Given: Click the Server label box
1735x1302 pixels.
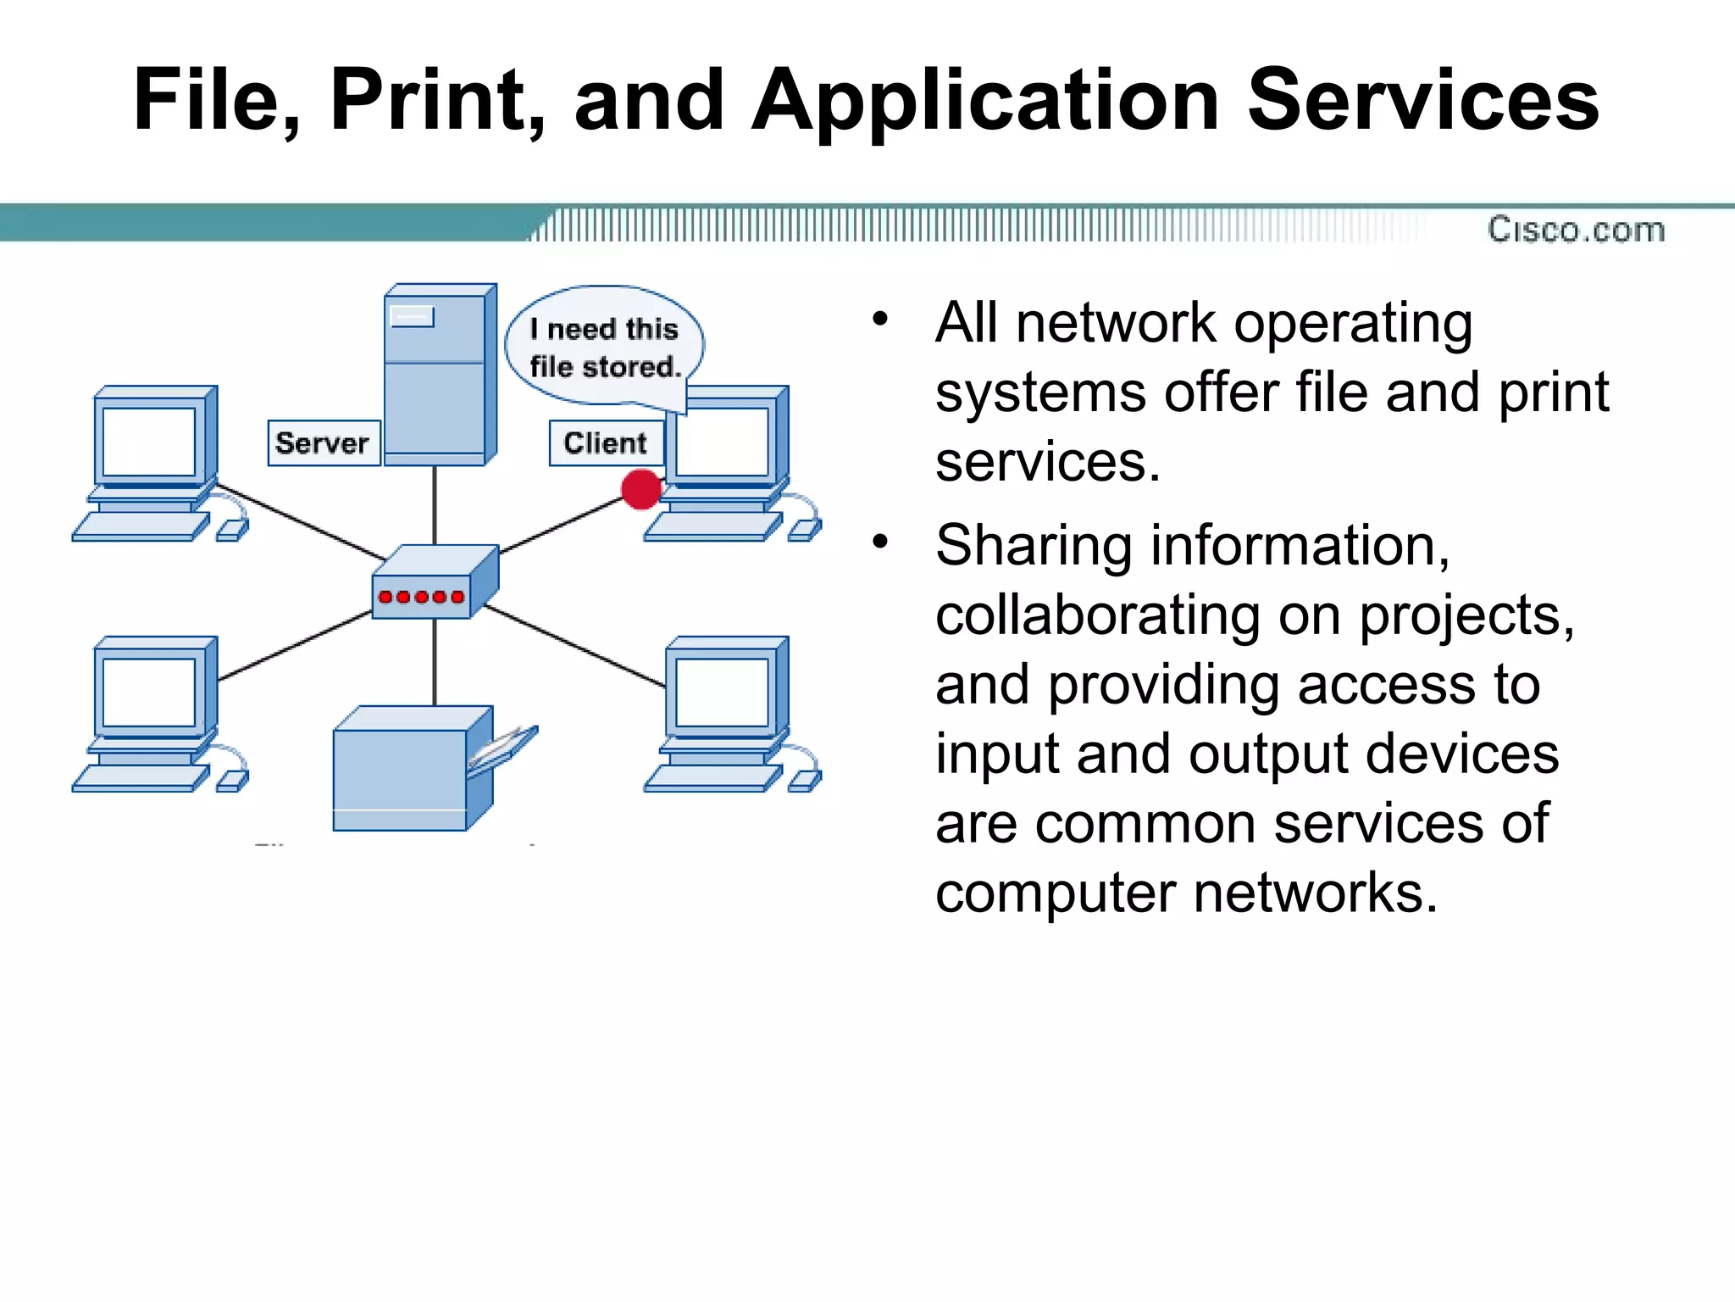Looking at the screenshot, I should (x=323, y=442).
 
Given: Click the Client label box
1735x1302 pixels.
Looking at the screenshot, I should (x=605, y=442).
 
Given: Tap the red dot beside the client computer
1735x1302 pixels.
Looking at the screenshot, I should (x=641, y=489).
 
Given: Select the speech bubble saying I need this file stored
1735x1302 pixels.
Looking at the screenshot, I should (x=605, y=347).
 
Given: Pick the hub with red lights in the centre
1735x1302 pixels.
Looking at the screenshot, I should (x=434, y=582).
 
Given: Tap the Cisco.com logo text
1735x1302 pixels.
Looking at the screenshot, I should (x=1576, y=230).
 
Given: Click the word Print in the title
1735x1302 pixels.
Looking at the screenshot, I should (x=435, y=100).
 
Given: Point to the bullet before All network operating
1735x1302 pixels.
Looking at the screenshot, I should (x=880, y=320).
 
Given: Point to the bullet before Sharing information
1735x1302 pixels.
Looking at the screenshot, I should (x=880, y=541).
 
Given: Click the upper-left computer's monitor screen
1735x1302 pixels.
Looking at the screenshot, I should (x=149, y=442).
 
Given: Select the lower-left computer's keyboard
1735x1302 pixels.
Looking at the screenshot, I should (x=140, y=777).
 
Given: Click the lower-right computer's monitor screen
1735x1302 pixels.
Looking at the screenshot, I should (x=722, y=693).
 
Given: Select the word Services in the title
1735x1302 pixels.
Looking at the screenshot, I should (x=1423, y=100).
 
